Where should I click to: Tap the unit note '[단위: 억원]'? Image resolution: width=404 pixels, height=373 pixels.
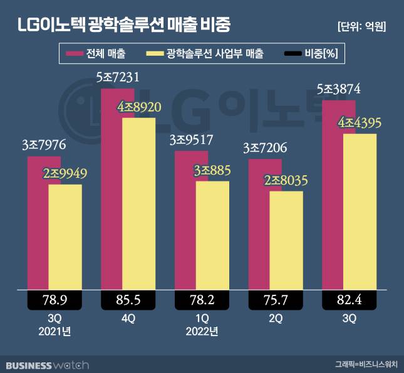tap(361, 26)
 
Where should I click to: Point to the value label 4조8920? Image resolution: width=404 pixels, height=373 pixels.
tap(140, 108)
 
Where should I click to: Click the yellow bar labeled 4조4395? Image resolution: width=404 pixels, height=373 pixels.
tap(360, 213)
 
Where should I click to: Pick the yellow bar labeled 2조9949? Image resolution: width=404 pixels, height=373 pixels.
tap(65, 238)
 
